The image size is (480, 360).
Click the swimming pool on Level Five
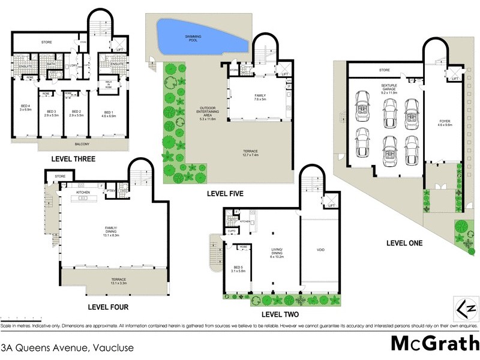[x=201, y=37]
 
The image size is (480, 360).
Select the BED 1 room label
[x=107, y=113]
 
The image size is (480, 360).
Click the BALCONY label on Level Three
[x=83, y=145]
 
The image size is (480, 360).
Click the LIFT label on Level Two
[x=331, y=205]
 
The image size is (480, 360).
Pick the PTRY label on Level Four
[x=110, y=191]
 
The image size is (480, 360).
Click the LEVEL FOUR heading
[x=108, y=307]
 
